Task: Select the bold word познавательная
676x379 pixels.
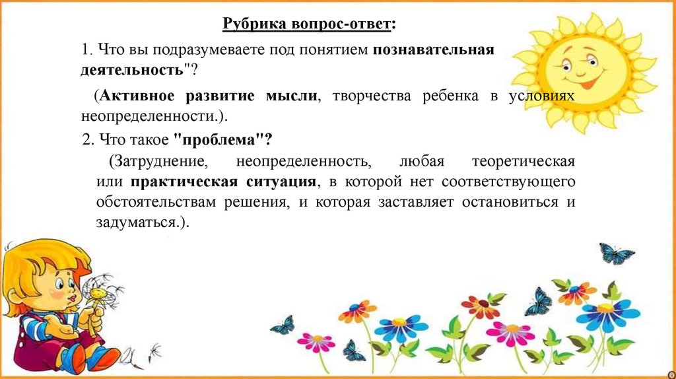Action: click(433, 50)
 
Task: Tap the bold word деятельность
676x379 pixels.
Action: click(132, 70)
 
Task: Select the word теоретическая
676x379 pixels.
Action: click(524, 162)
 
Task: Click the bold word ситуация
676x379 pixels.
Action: click(281, 182)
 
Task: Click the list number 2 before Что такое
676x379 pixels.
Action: click(88, 140)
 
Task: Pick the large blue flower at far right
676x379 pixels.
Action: click(607, 315)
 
